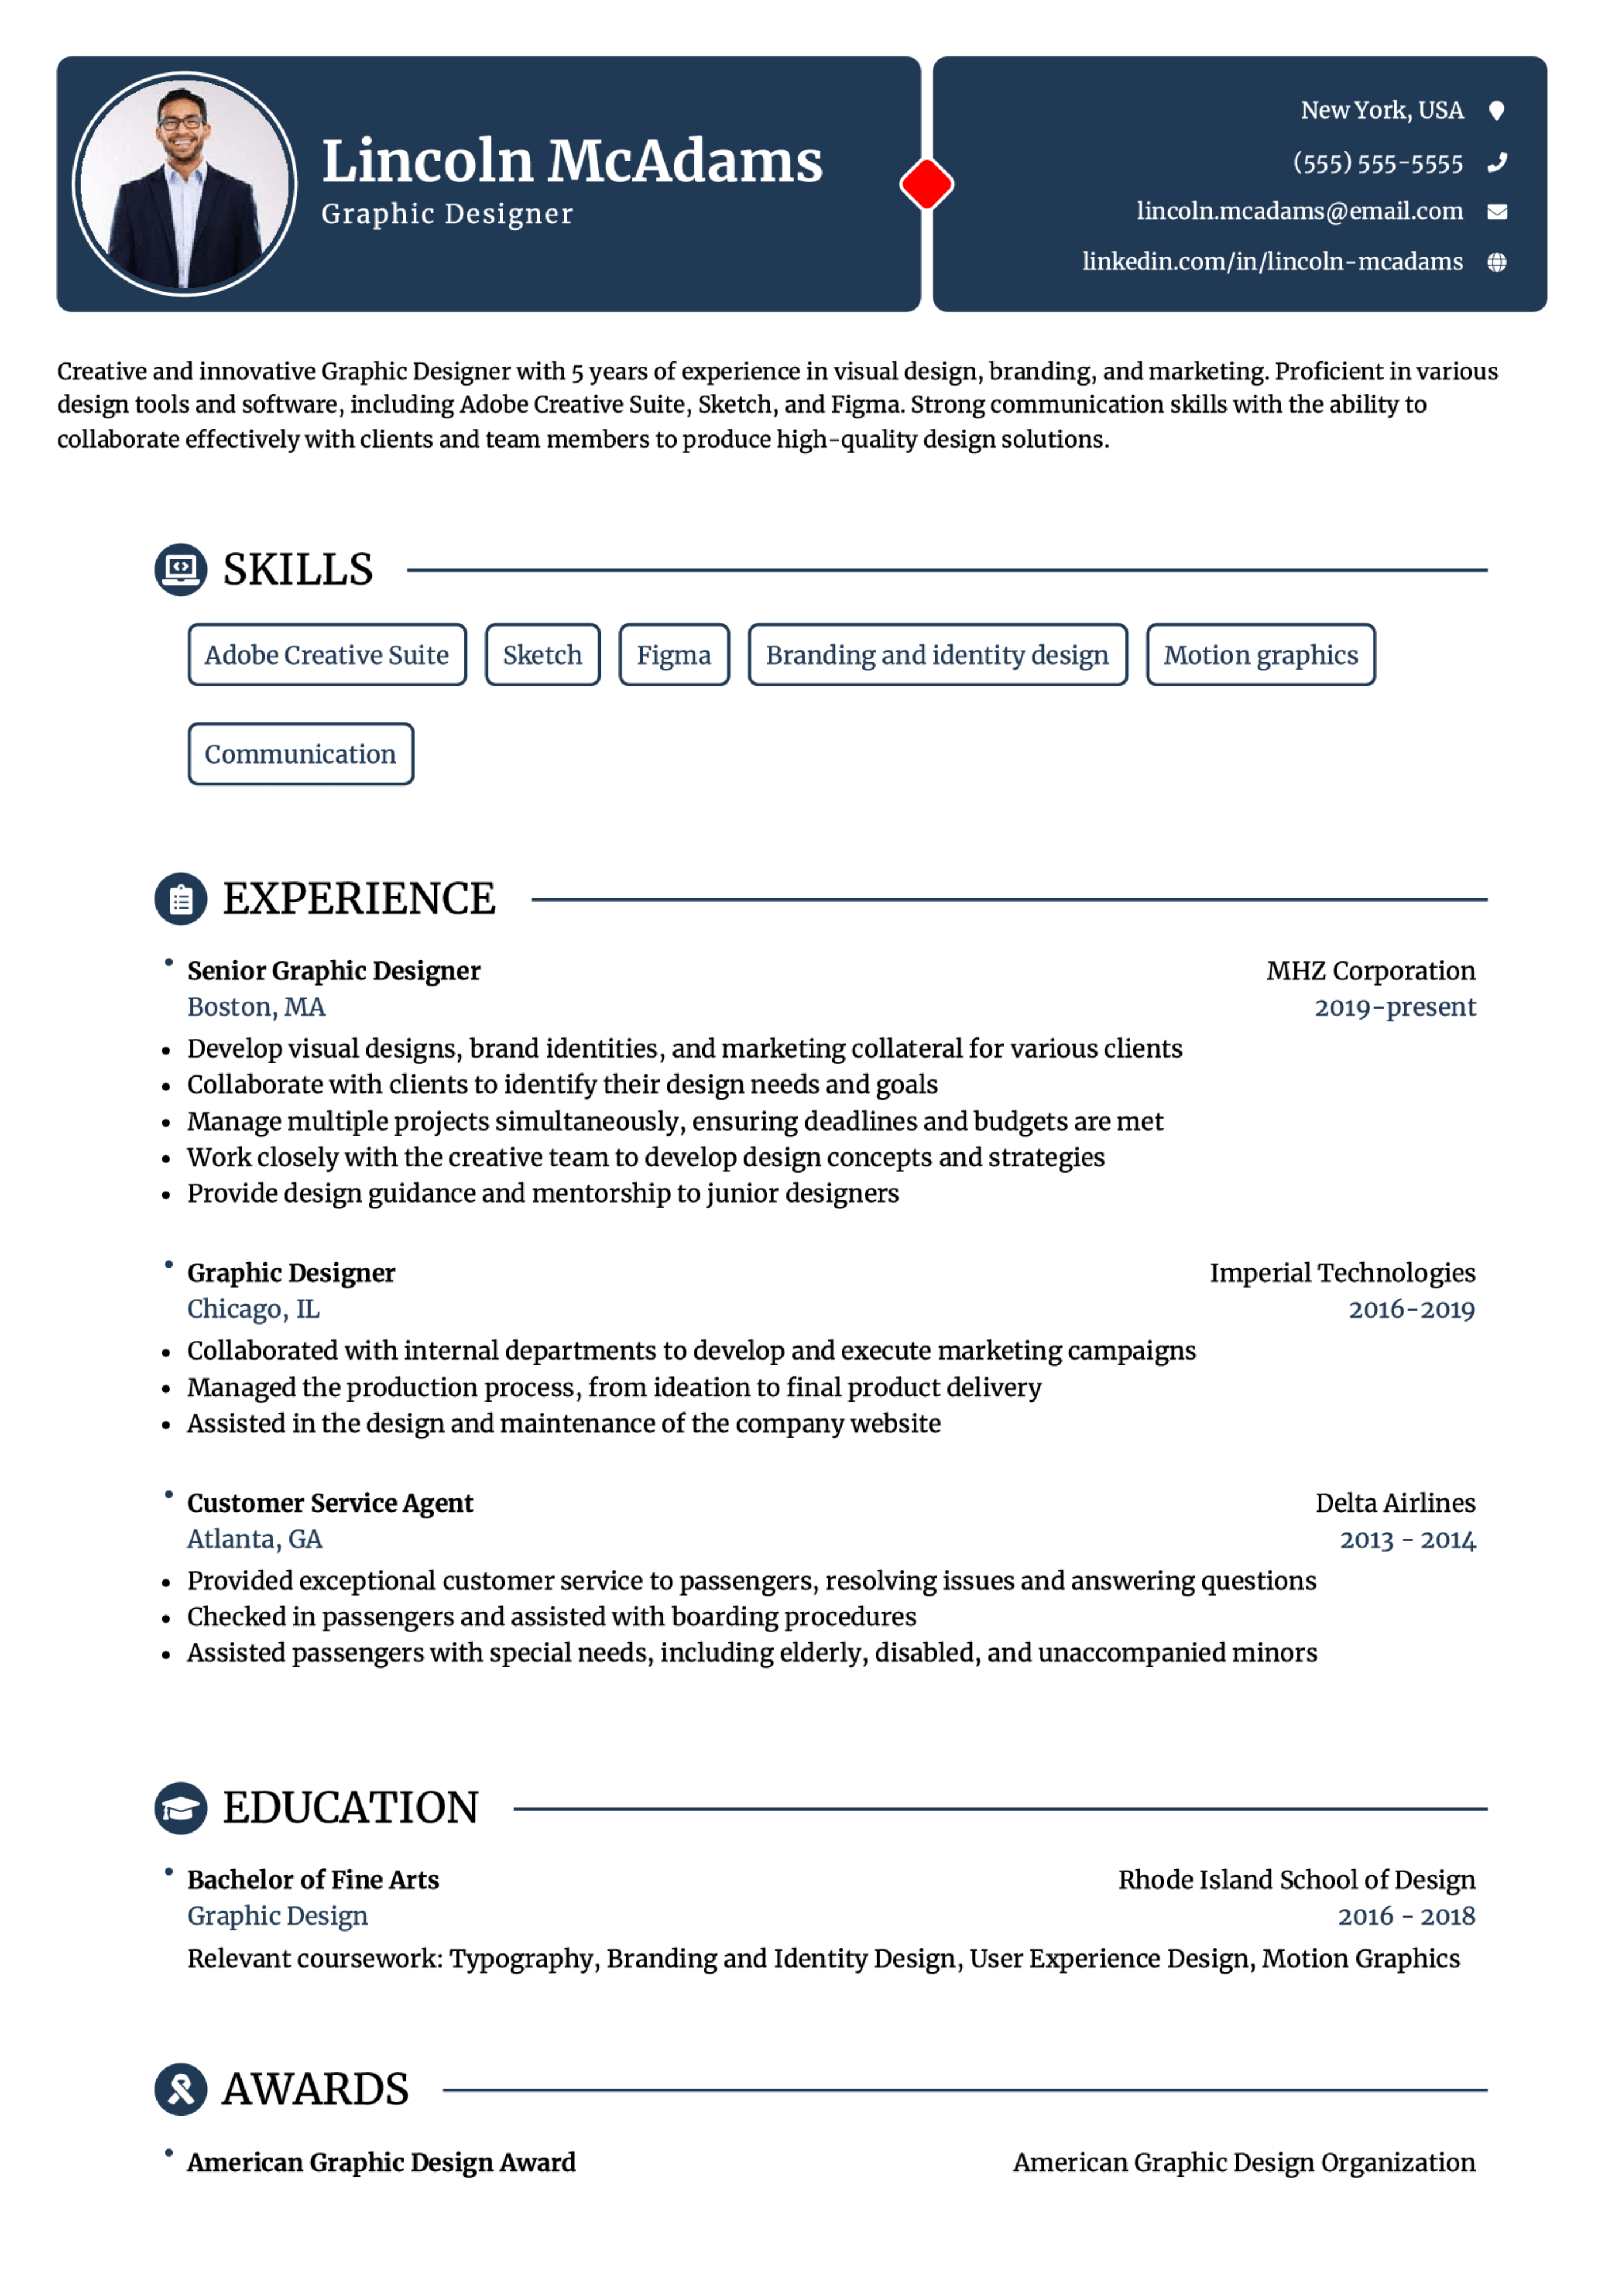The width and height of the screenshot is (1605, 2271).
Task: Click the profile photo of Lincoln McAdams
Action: [185, 184]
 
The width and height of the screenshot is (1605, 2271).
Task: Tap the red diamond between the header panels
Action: [927, 184]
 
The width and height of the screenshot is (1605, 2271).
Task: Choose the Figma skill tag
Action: [674, 655]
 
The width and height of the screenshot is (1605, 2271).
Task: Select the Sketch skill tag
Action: [542, 655]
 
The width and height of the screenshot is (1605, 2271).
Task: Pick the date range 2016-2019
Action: [1411, 1310]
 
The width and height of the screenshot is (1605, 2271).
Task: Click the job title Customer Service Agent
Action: [330, 1503]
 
